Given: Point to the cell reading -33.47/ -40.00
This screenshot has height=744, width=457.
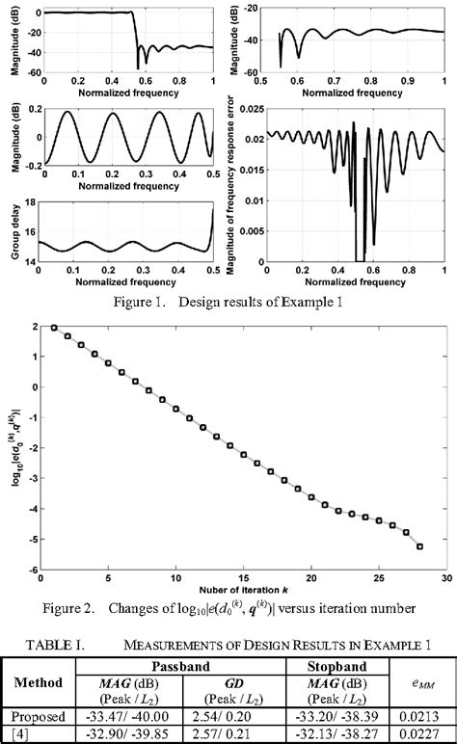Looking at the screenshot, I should [122, 716].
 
